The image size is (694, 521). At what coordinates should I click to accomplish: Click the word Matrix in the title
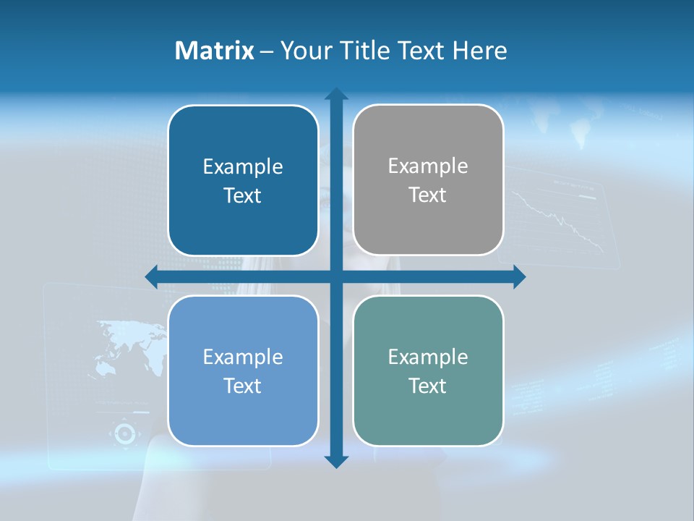pos(214,51)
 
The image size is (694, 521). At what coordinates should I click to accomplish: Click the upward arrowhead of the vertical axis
pos(336,93)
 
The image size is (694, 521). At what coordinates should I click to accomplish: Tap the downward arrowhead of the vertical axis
pos(336,462)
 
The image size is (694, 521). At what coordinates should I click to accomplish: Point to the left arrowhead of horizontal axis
pos(151,276)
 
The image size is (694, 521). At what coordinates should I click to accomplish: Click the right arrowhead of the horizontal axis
pos(519,276)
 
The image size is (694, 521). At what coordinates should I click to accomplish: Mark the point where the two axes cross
pos(336,276)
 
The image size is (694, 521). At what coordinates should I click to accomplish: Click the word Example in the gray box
pos(428,166)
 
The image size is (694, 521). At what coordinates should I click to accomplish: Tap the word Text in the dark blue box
pos(242,195)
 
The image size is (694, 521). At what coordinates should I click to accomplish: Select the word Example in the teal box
pos(428,357)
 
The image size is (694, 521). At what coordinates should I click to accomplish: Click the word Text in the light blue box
pos(242,386)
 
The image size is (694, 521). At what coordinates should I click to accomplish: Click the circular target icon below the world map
pos(124,433)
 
